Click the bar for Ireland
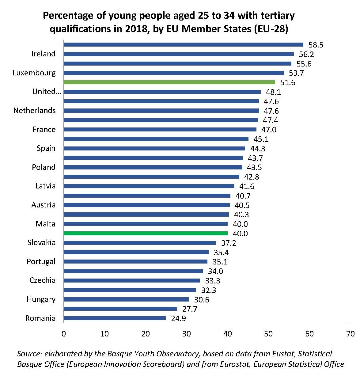tap(179, 54)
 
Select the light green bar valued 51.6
tap(169, 82)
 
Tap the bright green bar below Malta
tap(146, 233)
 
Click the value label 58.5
tap(316, 45)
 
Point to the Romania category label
tap(40, 318)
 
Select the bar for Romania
tap(115, 318)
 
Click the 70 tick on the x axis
tap(350, 334)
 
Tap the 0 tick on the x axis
tap(64, 334)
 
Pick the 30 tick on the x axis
tap(186, 334)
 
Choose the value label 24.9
tap(178, 319)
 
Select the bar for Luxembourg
tap(173, 73)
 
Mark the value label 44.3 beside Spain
tap(258, 149)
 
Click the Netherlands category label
tap(35, 111)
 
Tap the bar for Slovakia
tap(140, 243)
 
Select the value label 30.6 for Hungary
tap(202, 300)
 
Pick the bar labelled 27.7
tap(120, 309)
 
